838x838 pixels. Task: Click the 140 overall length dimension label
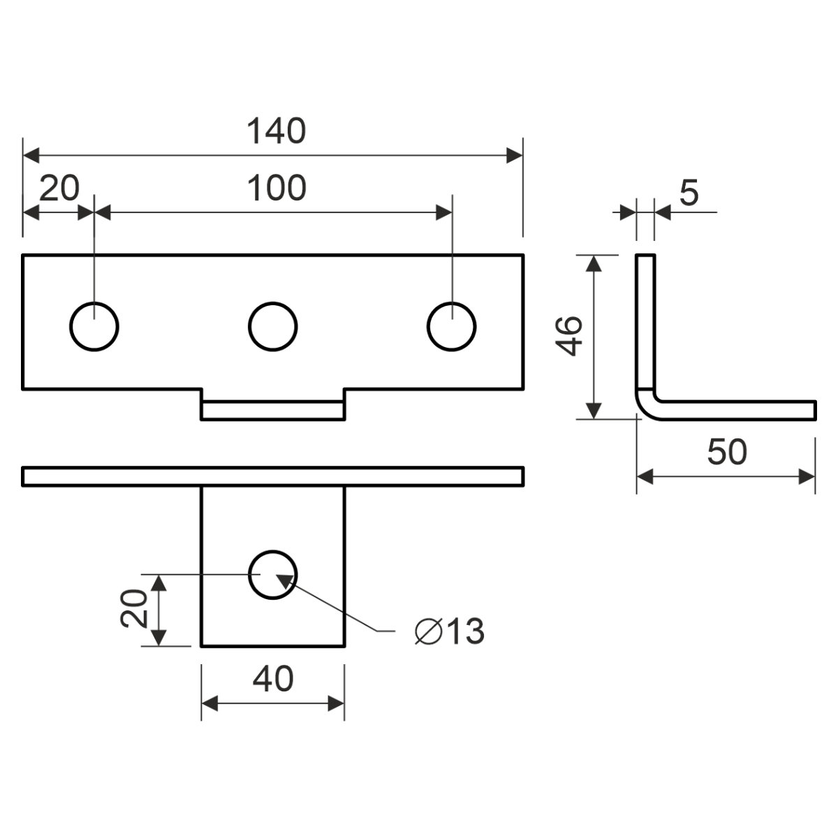coord(277,131)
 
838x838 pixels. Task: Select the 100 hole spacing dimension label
coord(277,188)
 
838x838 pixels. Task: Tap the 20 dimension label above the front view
coord(59,188)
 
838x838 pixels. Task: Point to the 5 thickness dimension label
coord(689,193)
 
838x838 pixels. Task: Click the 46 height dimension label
coord(569,337)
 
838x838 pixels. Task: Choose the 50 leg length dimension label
coord(727,453)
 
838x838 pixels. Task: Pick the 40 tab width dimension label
coord(273,679)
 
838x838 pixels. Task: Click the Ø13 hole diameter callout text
coord(450,631)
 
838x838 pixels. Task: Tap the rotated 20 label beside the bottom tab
coord(134,608)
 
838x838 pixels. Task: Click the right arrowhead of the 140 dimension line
coord(515,155)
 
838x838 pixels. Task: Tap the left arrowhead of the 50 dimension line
coord(645,477)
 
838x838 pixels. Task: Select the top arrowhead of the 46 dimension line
coord(594,263)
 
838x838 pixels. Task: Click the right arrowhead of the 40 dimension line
coord(336,703)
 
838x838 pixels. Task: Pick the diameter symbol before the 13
coord(429,631)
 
